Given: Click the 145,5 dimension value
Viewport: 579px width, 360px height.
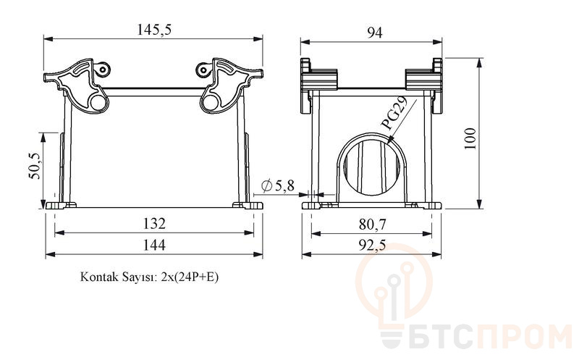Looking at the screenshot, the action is pyautogui.click(x=154, y=29).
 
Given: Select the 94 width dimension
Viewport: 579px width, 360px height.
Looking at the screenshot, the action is pyautogui.click(x=374, y=33).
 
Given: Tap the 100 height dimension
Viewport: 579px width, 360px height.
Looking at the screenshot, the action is pyautogui.click(x=470, y=138).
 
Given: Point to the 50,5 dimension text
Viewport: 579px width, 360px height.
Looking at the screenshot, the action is pyautogui.click(x=35, y=166).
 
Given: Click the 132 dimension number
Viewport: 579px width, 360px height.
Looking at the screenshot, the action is pyautogui.click(x=154, y=223).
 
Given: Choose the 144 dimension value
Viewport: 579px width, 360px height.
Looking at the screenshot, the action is pyautogui.click(x=154, y=245).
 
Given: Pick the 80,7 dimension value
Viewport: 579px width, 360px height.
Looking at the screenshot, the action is pyautogui.click(x=372, y=224).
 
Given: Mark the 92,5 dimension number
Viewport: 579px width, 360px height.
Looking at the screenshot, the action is pyautogui.click(x=372, y=245).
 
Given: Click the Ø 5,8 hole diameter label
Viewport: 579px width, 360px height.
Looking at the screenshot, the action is pyautogui.click(x=278, y=185).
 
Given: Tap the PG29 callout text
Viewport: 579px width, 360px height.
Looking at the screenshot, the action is pyautogui.click(x=394, y=113).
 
